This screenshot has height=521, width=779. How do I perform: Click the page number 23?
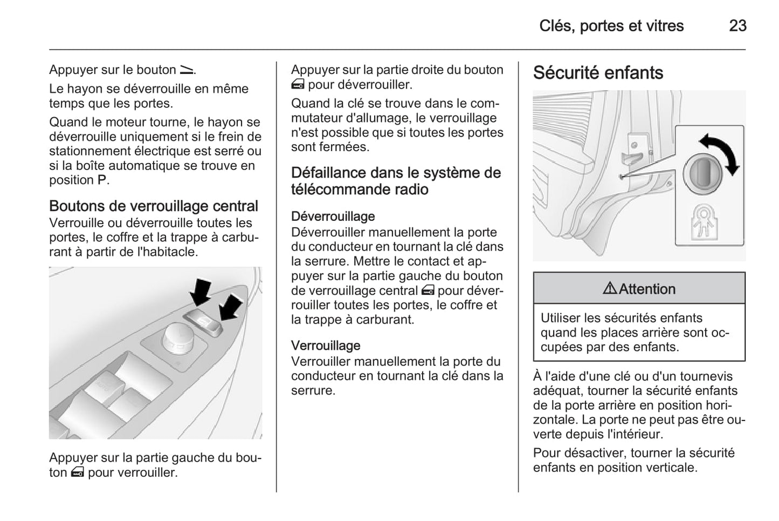[737, 26]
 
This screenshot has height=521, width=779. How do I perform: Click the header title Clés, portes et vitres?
[611, 26]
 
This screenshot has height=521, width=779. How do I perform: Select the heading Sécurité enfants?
[598, 73]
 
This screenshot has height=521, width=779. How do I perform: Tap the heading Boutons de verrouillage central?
[154, 206]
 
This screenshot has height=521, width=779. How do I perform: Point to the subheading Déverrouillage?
[333, 216]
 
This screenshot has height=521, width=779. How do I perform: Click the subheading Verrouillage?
[326, 346]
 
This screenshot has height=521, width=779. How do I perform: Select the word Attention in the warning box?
[647, 289]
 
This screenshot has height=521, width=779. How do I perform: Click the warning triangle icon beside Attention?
[610, 289]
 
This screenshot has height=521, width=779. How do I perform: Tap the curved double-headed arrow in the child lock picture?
[721, 154]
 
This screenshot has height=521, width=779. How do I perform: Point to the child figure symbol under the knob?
[703, 221]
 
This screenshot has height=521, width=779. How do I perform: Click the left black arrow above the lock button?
[201, 292]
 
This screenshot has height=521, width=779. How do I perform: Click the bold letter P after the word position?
[102, 180]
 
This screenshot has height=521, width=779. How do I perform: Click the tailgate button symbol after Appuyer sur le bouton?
[187, 70]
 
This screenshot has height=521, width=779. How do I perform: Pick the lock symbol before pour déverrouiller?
[298, 85]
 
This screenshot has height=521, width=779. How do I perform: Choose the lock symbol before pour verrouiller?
[77, 473]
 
